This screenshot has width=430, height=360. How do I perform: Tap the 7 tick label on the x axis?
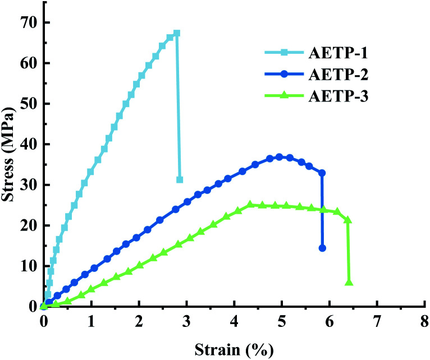pos(377,322)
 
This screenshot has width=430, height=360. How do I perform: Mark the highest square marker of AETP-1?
pos(176,34)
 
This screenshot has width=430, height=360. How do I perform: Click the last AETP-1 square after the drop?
pos(180,179)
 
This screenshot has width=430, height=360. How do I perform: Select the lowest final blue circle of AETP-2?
pos(322,248)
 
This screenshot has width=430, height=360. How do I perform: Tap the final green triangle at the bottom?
pos(349,283)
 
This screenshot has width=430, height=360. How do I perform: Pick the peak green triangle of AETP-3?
pos(250,205)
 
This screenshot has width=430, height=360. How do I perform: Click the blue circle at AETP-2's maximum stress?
pos(279,157)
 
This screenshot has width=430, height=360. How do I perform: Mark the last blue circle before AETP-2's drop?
pos(322,173)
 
